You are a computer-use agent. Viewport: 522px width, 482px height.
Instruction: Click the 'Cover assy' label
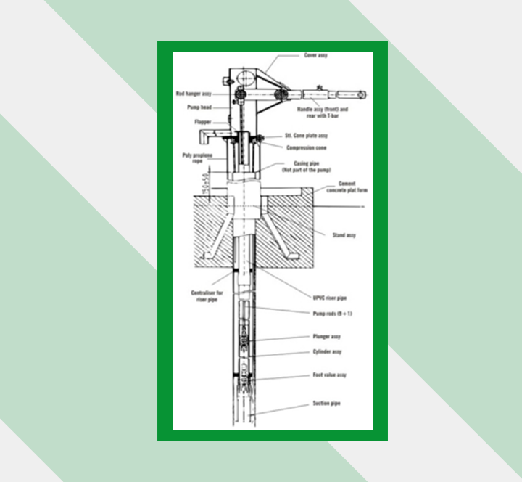[316, 55]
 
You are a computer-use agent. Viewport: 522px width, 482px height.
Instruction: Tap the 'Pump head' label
[198, 107]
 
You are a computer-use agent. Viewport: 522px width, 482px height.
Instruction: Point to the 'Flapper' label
[203, 123]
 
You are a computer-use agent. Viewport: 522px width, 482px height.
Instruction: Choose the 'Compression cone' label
[307, 147]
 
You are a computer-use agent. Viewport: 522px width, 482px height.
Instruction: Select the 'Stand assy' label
[344, 235]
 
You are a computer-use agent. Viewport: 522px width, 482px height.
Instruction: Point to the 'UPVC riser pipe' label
[322, 298]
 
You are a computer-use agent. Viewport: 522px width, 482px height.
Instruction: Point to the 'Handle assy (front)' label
[323, 110]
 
